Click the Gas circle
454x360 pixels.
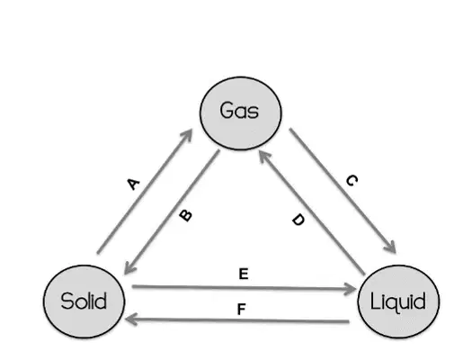point(241,113)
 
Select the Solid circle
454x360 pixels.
point(84,301)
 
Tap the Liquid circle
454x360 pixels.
point(398,301)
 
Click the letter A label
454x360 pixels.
point(133,184)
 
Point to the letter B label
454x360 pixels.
point(186,215)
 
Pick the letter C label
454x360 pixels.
point(352,180)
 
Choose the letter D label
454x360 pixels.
point(298,220)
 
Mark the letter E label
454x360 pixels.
point(244,274)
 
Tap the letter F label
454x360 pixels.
point(241,310)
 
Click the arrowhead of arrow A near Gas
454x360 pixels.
point(187,134)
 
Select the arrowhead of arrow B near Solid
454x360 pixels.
point(129,268)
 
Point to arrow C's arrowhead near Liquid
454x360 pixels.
point(391,247)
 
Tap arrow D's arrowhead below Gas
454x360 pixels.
point(263,156)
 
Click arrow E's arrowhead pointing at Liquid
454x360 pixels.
point(350,289)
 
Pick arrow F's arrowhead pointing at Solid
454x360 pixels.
point(131,319)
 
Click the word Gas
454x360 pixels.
point(239,111)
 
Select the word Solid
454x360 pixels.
point(84,301)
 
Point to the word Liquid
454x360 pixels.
point(398,302)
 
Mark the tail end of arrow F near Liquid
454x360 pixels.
point(349,322)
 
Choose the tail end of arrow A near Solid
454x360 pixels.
point(98,253)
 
